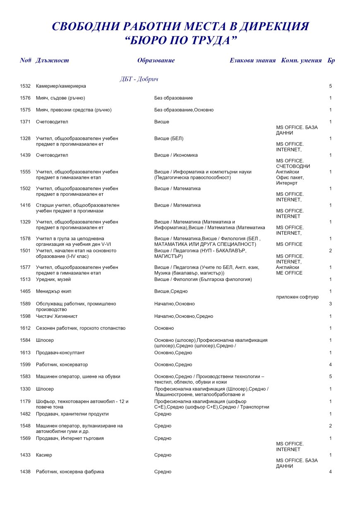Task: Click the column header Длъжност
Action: pyautogui.click(x=52, y=60)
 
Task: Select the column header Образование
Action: pyautogui.click(x=156, y=60)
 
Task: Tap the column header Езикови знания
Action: pyautogui.click(x=252, y=60)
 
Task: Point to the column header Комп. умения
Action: pyautogui.click(x=301, y=60)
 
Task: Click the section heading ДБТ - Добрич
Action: pyautogui.click(x=139, y=79)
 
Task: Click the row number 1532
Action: pyautogui.click(x=25, y=86)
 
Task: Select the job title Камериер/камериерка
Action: pyautogui.click(x=61, y=86)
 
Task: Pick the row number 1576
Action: pyautogui.click(x=25, y=98)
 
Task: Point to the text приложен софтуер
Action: pyautogui.click(x=297, y=297)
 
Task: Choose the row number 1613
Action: pyautogui.click(x=25, y=353)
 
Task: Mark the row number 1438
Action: pyautogui.click(x=25, y=472)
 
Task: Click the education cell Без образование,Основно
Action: pyautogui.click(x=184, y=110)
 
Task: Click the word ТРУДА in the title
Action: pyautogui.click(x=206, y=41)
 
